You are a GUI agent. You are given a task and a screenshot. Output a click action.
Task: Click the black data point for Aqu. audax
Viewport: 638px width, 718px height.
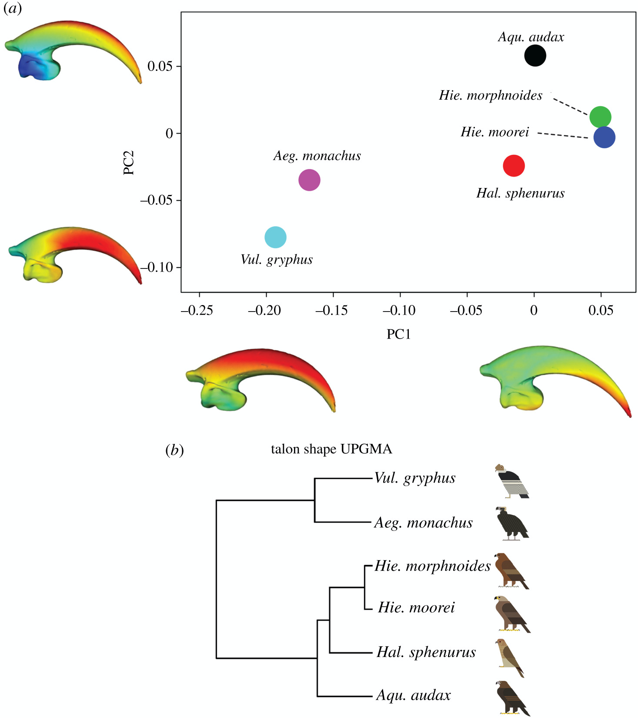(535, 56)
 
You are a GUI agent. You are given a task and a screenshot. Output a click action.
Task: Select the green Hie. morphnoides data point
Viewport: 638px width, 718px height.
(600, 117)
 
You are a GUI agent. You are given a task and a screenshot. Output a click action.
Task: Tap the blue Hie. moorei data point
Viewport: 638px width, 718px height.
(604, 138)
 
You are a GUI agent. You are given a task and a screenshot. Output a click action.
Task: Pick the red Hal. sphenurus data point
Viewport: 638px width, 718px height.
(514, 166)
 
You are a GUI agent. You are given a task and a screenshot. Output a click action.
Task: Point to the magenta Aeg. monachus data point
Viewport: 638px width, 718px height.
(309, 180)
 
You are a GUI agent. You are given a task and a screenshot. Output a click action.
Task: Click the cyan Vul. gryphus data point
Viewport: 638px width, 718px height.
(275, 237)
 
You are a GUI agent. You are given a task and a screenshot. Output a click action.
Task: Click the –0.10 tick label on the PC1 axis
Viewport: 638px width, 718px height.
(399, 310)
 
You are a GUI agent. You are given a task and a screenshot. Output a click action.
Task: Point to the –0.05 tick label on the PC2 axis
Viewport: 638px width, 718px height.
(156, 200)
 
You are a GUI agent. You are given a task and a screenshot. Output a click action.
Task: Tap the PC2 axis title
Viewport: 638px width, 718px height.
(129, 162)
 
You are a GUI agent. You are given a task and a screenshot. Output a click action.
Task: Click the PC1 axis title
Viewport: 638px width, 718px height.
(398, 334)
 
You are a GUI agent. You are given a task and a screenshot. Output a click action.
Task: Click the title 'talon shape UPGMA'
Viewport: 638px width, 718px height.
(331, 449)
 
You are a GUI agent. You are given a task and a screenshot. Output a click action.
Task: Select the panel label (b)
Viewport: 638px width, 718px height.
(174, 450)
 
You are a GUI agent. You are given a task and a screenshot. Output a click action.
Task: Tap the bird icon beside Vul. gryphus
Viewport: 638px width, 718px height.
(512, 481)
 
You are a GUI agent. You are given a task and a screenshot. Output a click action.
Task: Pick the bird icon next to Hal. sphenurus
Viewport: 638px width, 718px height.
(510, 658)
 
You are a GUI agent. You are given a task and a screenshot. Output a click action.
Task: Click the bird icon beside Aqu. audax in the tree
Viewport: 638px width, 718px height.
(512, 698)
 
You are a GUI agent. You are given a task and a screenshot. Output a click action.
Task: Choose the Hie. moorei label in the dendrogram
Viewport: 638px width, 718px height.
(416, 607)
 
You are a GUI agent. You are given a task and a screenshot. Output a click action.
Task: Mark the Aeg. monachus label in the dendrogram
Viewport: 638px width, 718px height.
(423, 523)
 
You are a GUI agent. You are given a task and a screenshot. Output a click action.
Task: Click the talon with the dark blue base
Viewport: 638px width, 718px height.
(73, 51)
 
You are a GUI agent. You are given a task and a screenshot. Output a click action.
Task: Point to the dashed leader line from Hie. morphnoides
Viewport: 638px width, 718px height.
(571, 106)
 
